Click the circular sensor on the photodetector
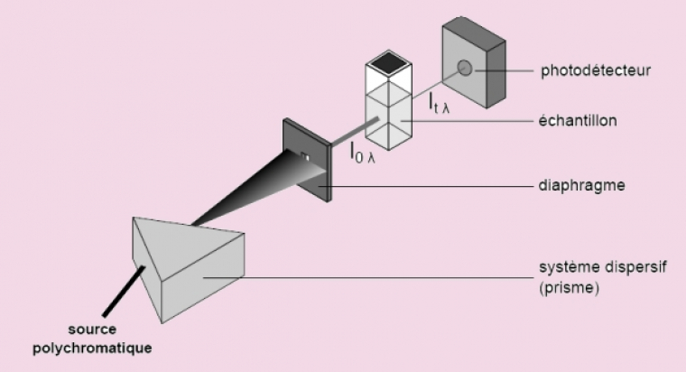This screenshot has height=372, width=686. click(465, 67)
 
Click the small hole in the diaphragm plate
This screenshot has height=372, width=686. click(305, 158)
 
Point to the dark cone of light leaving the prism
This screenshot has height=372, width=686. click(244, 193)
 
